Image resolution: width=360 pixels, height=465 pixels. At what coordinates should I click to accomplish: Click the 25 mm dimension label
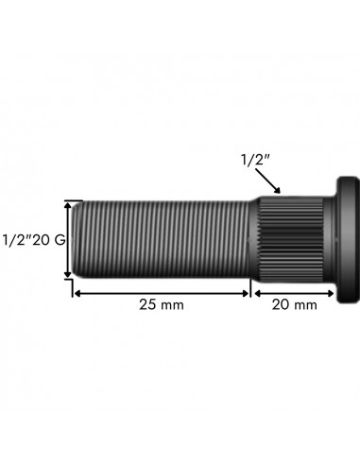[x=162, y=305]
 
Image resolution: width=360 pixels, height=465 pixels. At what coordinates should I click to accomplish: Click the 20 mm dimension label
[x=295, y=305]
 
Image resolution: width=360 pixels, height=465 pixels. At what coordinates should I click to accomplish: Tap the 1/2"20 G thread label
[x=34, y=240]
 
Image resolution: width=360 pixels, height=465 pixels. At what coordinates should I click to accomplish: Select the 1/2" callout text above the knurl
[x=256, y=160]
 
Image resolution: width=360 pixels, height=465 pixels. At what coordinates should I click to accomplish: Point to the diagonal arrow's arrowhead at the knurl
[x=278, y=190]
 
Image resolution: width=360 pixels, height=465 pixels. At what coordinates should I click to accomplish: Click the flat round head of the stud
[x=348, y=240]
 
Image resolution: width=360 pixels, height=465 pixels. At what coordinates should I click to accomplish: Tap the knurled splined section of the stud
[x=291, y=239]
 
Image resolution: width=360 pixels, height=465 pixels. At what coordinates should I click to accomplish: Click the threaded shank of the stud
[x=162, y=239]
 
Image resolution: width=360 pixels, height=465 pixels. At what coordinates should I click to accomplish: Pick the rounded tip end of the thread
[x=75, y=239]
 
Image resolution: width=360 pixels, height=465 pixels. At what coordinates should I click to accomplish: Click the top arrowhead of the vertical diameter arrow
[x=68, y=205]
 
